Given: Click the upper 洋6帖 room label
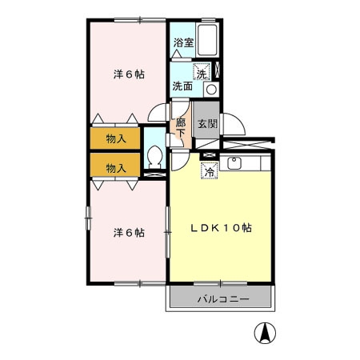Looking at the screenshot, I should [128, 74].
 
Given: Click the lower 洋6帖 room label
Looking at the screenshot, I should [128, 233].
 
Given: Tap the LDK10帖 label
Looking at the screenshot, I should [221, 227].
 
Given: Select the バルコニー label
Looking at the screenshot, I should [222, 298].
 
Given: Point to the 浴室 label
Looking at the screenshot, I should [182, 42].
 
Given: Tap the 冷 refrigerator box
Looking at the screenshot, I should [210, 170].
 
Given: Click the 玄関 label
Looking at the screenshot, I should [206, 124].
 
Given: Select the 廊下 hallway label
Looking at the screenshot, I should [181, 127].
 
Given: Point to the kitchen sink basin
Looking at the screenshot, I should [235, 166].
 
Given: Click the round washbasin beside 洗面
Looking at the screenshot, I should [210, 89].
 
